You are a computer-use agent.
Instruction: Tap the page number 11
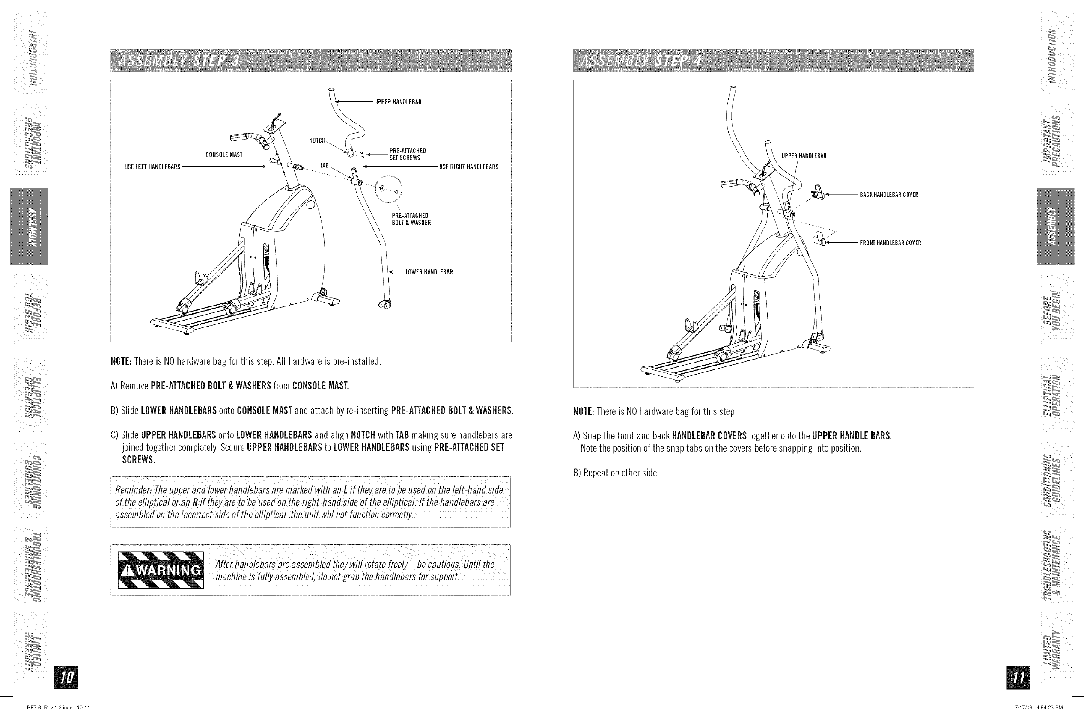pyautogui.click(x=1019, y=677)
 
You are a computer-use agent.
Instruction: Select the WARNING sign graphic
pyautogui.click(x=160, y=570)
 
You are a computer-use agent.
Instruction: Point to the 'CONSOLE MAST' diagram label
pyautogui.click(x=224, y=155)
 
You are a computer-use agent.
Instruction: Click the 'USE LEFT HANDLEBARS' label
pyautogui.click(x=152, y=167)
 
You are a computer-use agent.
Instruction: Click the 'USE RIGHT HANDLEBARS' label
pyautogui.click(x=469, y=167)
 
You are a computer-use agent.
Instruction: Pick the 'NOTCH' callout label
pyautogui.click(x=317, y=141)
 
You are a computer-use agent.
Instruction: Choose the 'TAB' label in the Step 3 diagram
pyautogui.click(x=324, y=165)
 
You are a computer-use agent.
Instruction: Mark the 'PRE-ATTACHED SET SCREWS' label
pyautogui.click(x=407, y=155)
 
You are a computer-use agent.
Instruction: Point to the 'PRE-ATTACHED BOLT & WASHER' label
pyautogui.click(x=411, y=219)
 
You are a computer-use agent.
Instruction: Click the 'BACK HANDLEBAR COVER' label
pyautogui.click(x=889, y=195)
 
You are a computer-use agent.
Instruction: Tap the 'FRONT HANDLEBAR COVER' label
pyautogui.click(x=890, y=243)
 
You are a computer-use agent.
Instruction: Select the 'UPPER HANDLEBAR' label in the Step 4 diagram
pyautogui.click(x=804, y=156)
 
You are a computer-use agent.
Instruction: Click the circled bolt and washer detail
pyautogui.click(x=388, y=190)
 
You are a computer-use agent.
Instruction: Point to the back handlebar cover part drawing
pyautogui.click(x=818, y=193)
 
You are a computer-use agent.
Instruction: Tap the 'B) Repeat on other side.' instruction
pyautogui.click(x=616, y=473)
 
